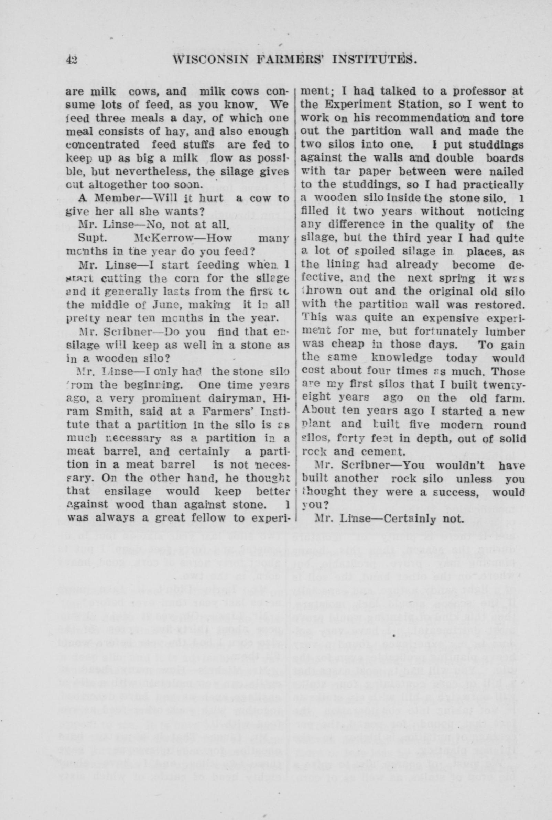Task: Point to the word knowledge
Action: pyautogui.click(x=397, y=358)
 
